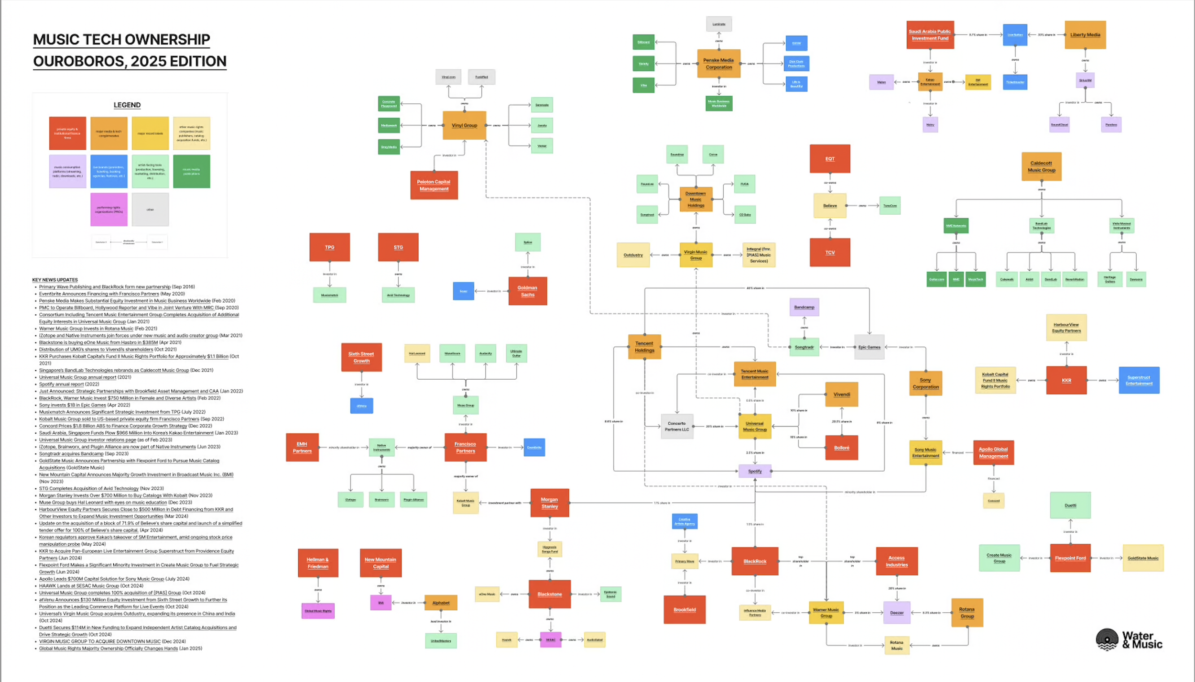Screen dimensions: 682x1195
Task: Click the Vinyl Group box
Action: tap(464, 125)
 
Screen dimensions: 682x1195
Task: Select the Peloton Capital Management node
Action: tap(434, 185)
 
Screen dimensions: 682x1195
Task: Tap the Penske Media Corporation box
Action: tap(718, 64)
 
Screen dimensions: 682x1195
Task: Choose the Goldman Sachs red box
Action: tap(527, 291)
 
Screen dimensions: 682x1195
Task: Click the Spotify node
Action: tap(755, 471)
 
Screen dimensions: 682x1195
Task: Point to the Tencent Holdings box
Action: tap(644, 347)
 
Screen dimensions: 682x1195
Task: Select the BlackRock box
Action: tap(755, 561)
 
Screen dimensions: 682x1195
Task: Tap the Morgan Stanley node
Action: tap(549, 503)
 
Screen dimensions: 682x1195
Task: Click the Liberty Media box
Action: tap(1085, 35)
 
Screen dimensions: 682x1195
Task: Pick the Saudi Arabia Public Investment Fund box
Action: tap(930, 35)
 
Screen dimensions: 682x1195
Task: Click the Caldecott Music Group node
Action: tap(1041, 166)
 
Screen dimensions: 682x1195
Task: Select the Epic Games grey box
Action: tap(869, 347)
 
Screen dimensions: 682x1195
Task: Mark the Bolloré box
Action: tap(841, 448)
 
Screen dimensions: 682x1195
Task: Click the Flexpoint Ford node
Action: tap(1070, 558)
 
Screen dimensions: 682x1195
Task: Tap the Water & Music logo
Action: tap(1129, 639)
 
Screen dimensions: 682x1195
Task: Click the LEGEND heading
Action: tap(127, 105)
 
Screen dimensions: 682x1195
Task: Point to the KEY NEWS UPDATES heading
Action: tap(55, 280)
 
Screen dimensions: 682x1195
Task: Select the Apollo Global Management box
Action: tap(993, 452)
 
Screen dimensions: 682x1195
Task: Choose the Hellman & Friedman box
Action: tap(318, 563)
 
